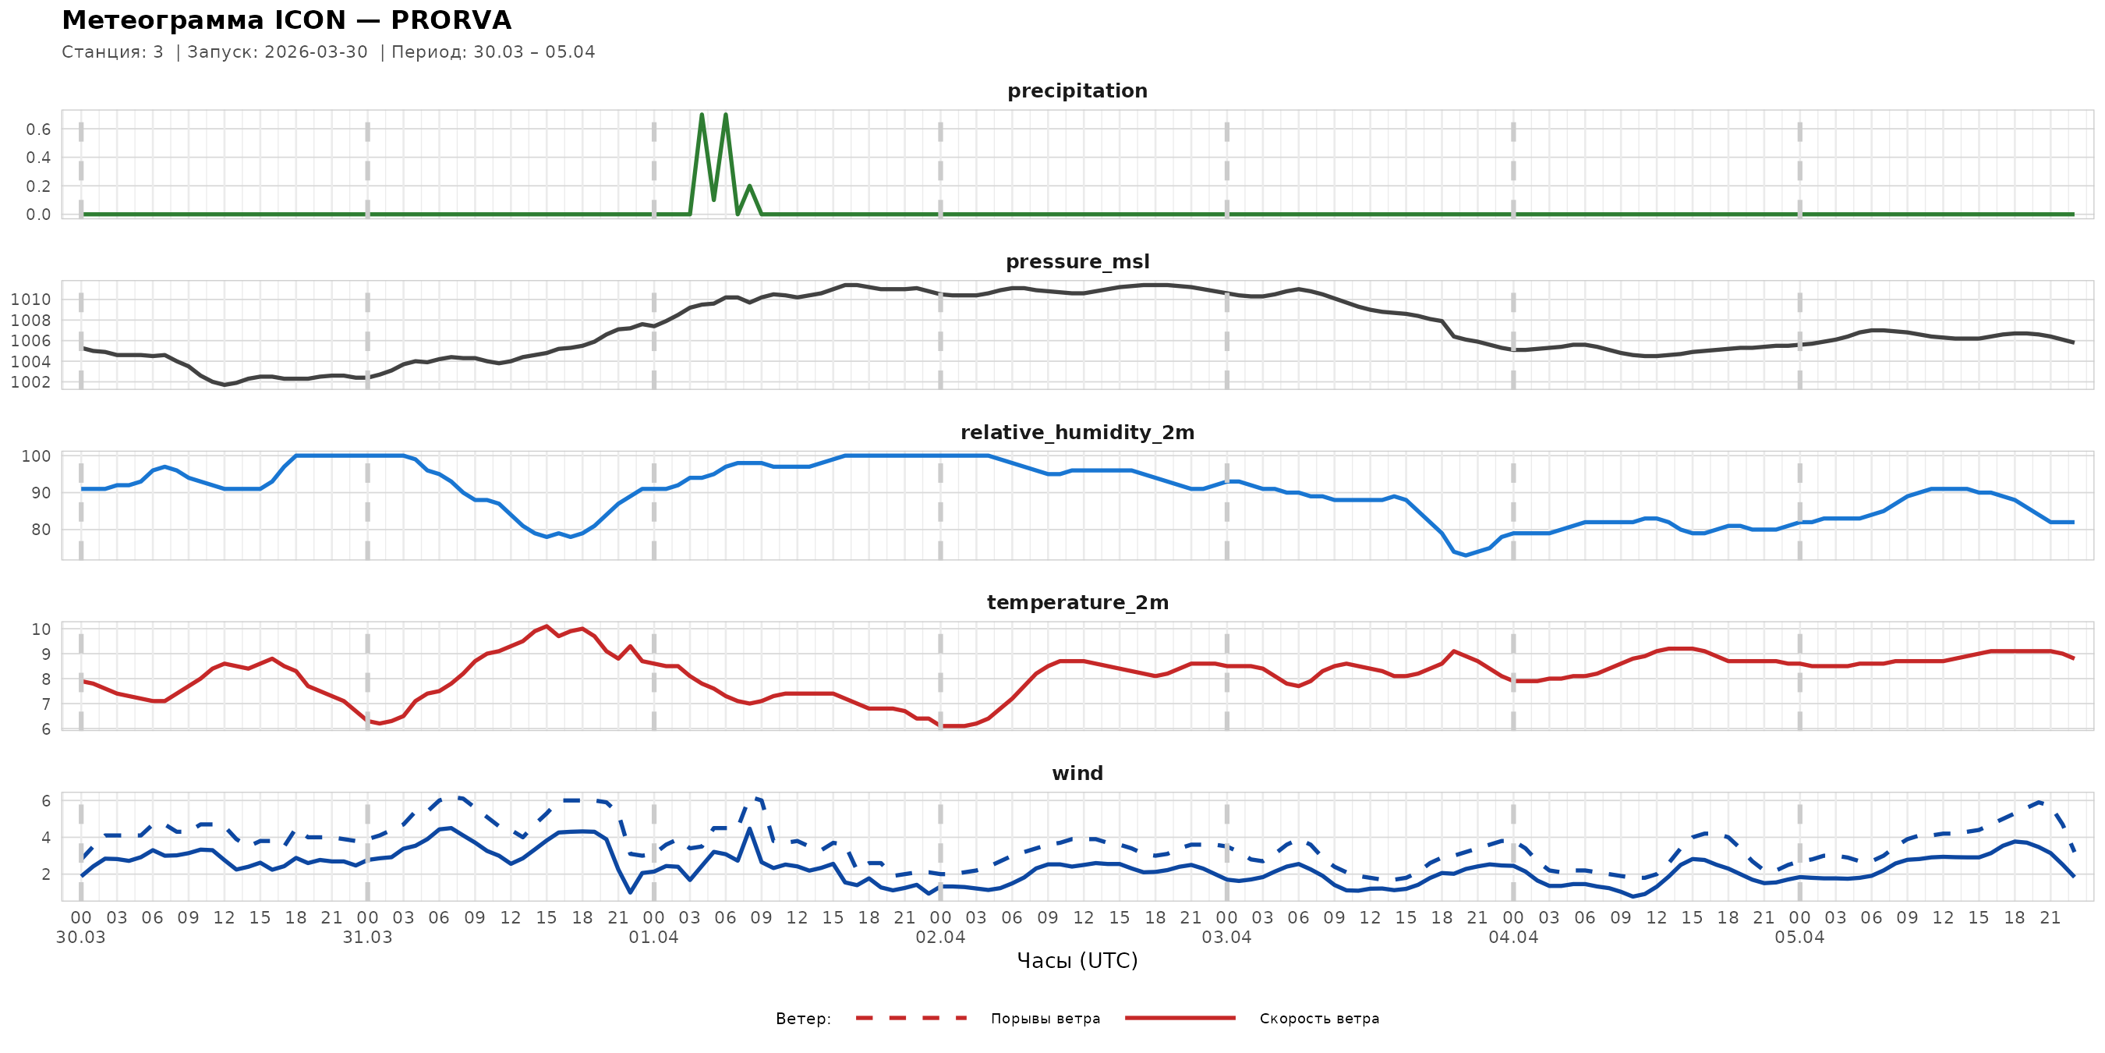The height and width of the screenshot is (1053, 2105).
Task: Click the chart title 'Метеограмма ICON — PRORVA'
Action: coord(286,20)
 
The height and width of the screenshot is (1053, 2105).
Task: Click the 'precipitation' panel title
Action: coord(1077,90)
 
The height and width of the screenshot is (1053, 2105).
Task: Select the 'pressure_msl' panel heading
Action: coord(1077,261)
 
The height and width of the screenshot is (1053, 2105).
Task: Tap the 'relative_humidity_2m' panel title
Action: coord(1077,432)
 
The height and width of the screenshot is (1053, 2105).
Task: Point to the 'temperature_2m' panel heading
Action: coord(1077,602)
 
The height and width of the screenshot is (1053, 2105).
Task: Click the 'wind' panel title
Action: coord(1077,774)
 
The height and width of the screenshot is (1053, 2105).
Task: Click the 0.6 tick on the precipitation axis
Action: coord(37,129)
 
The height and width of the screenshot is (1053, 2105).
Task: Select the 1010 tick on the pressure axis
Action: coord(30,300)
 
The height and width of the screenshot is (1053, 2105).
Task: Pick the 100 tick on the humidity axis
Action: coord(35,456)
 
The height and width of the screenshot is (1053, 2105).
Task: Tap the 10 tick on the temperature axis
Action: coord(41,629)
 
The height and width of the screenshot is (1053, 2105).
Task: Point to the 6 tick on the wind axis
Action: coord(46,801)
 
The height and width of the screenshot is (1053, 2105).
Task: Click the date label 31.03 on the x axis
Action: coord(367,938)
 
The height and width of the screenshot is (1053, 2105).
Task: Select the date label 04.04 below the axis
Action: coord(1513,938)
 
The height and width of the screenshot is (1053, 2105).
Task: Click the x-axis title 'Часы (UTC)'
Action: coord(1077,961)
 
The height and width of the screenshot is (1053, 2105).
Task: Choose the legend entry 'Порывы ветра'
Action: coord(1045,1019)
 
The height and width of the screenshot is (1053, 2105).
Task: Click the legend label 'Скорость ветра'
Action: coord(1319,1019)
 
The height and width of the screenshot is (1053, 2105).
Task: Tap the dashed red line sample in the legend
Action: coord(911,1019)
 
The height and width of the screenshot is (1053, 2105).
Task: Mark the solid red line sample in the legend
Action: coord(1180,1019)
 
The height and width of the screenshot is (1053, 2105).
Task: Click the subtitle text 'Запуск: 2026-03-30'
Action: coord(278,52)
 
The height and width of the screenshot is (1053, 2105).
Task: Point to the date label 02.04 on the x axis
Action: coord(939,938)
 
